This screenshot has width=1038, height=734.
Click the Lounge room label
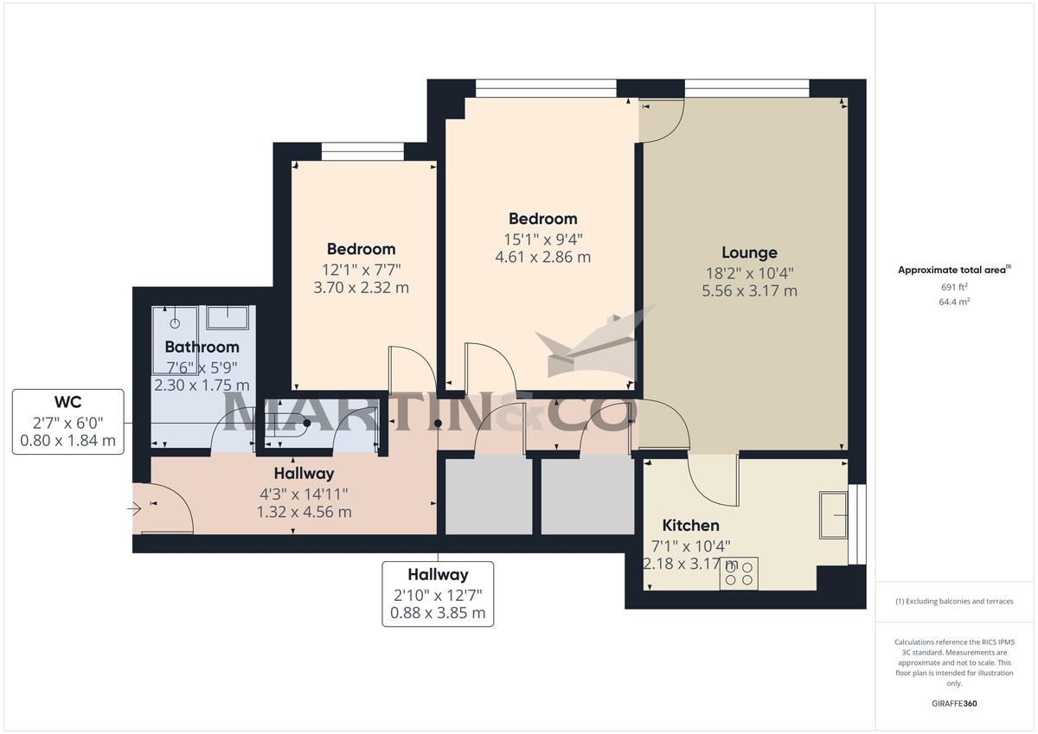[x=749, y=252]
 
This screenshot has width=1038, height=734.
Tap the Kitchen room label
[x=690, y=526]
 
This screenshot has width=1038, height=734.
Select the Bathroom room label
[x=202, y=347]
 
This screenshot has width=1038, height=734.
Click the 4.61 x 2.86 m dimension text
[x=542, y=257]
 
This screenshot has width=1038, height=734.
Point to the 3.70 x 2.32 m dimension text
[x=361, y=287]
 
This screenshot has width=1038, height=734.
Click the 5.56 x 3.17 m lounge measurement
[x=749, y=291]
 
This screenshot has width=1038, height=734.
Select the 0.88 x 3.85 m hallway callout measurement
[x=438, y=614]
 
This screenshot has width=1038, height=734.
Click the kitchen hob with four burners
[x=738, y=574]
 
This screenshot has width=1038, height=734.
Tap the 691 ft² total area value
[x=954, y=287]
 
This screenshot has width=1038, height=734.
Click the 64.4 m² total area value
[x=954, y=303]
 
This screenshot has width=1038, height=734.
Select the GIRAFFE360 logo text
[x=954, y=704]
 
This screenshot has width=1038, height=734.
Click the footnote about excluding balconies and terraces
[x=954, y=601]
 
